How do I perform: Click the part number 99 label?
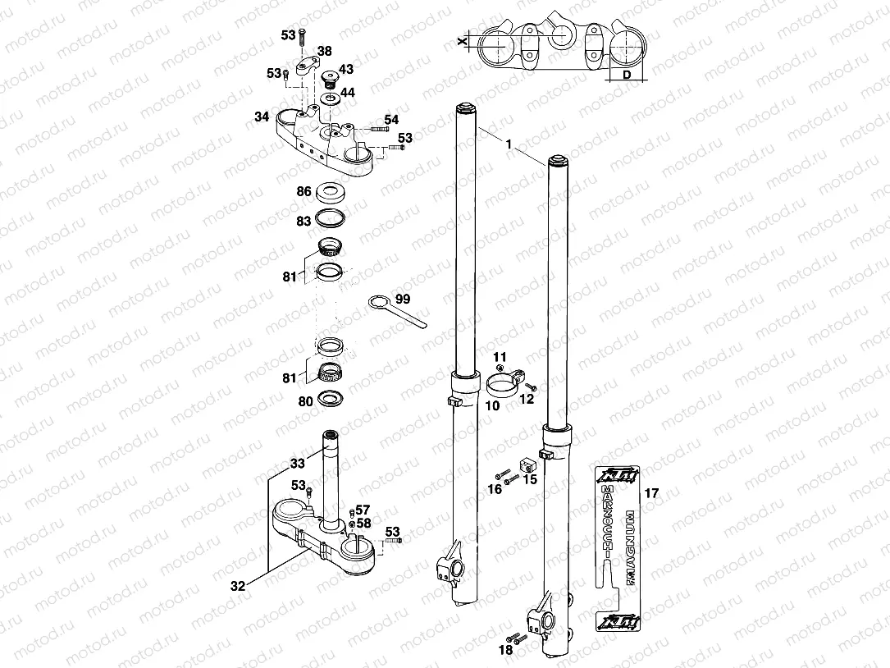pyautogui.click(x=403, y=299)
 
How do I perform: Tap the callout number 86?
pyautogui.click(x=304, y=191)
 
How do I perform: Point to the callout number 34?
pyautogui.click(x=261, y=117)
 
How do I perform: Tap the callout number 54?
pyautogui.click(x=391, y=120)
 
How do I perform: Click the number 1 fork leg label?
pyautogui.click(x=509, y=145)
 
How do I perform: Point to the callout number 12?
pyautogui.click(x=527, y=399)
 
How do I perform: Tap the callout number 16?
pyautogui.click(x=495, y=489)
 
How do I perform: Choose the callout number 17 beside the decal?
pyautogui.click(x=652, y=494)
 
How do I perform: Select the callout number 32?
pyautogui.click(x=237, y=586)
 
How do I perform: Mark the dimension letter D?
pyautogui.click(x=627, y=75)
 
